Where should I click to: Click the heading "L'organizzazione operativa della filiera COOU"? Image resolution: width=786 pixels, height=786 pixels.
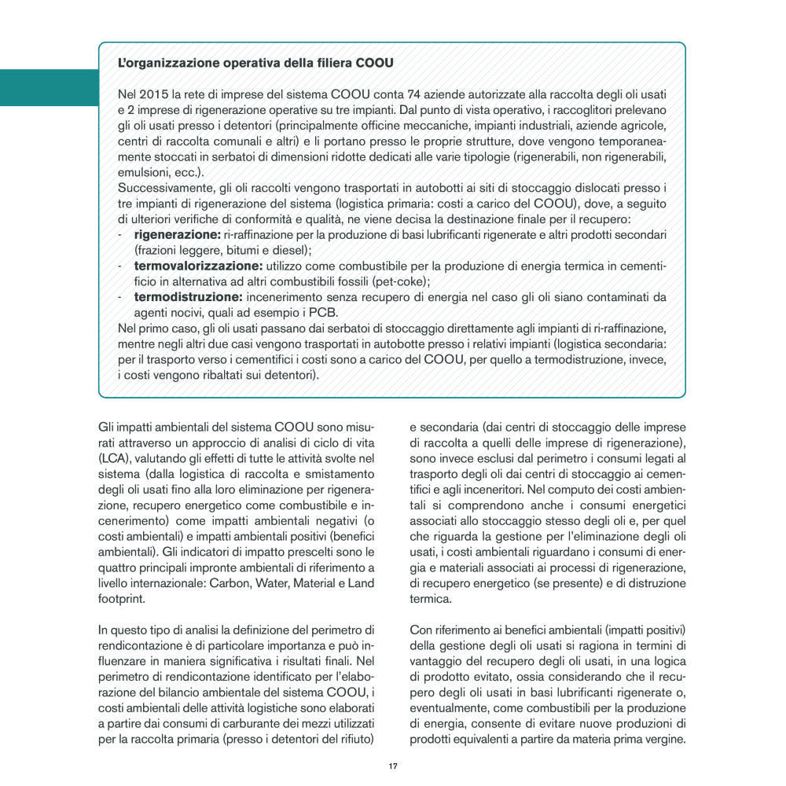(x=255, y=61)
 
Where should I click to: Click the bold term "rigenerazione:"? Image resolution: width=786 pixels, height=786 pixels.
(x=177, y=234)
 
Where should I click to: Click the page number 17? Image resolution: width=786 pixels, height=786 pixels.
(x=392, y=766)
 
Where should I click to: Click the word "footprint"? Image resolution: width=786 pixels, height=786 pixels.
(x=122, y=597)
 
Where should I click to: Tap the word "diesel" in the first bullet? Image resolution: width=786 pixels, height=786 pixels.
(x=291, y=250)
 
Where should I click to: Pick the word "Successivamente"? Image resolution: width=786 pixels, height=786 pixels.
(x=163, y=187)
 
